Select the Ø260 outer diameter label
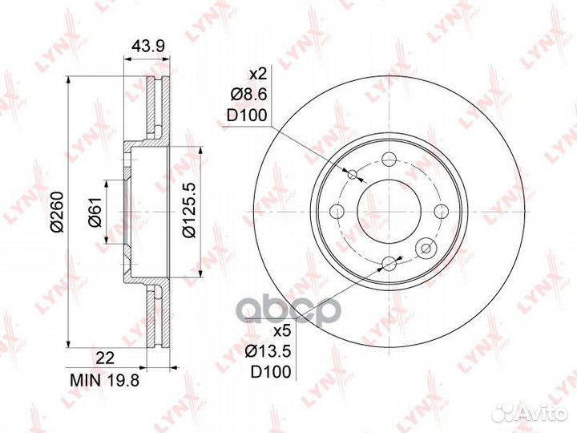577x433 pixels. pyautogui.click(x=56, y=214)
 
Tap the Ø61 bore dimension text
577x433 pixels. pyautogui.click(x=94, y=214)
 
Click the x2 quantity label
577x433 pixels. pyautogui.click(x=256, y=74)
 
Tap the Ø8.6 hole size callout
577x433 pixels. pyautogui.click(x=248, y=95)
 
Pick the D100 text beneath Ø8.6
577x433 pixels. pyautogui.click(x=246, y=115)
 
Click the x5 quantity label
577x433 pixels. pyautogui.click(x=280, y=330)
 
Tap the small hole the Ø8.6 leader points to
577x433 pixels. pyautogui.click(x=353, y=174)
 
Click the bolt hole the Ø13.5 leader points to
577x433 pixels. pyautogui.click(x=389, y=263)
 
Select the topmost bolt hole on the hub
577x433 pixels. pyautogui.click(x=389, y=158)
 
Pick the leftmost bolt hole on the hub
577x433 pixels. pyautogui.click(x=337, y=211)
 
